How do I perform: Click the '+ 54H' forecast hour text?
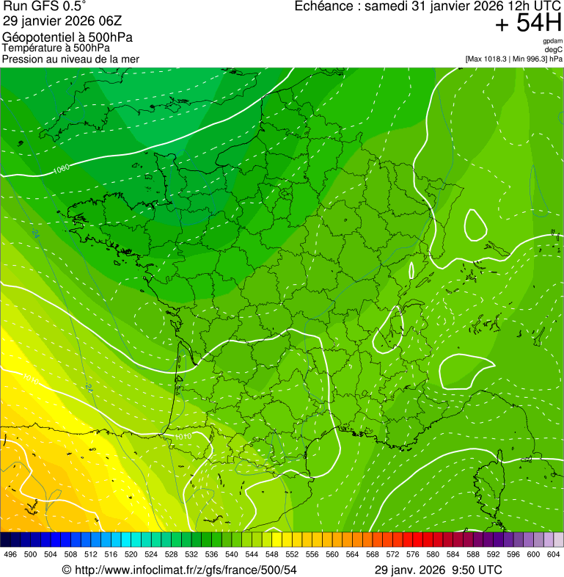pos(528,23)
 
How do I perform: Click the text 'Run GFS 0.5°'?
pos(45,7)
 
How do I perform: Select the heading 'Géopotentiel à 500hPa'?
pos(67,37)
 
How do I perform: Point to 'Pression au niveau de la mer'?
pos(70,59)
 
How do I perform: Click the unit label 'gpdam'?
pos(552,41)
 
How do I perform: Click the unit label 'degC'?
pos(554,49)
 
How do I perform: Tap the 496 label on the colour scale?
pos(10,554)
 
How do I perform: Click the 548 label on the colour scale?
pos(271,554)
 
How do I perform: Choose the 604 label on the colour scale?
pos(554,554)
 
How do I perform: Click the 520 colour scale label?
pos(131,554)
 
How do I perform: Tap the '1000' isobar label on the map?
pos(62,170)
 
